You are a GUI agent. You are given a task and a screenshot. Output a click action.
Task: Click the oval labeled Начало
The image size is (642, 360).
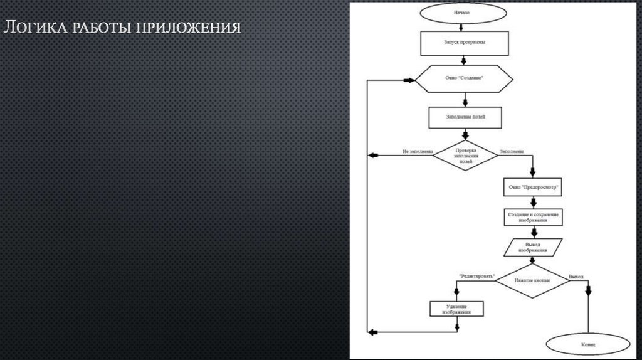(x=462, y=12)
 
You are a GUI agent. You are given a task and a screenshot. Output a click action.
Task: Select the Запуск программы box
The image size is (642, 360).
(x=463, y=44)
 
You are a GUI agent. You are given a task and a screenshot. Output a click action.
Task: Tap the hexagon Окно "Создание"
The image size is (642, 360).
(x=464, y=80)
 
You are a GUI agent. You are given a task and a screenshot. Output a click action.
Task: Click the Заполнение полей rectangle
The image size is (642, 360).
(x=465, y=117)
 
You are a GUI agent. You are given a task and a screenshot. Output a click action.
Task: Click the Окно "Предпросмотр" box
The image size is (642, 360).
(x=532, y=188)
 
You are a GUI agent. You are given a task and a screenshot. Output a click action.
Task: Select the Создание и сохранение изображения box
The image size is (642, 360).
(x=532, y=217)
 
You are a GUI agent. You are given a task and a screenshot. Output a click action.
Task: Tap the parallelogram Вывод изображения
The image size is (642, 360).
(x=534, y=248)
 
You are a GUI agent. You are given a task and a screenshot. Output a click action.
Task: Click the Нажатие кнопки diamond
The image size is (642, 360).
(x=533, y=281)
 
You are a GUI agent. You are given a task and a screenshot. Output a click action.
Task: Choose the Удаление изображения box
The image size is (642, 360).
(x=457, y=308)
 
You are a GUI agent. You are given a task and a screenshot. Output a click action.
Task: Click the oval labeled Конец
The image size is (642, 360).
(x=589, y=344)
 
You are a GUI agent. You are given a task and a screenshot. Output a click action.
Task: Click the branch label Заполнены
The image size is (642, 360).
(x=512, y=151)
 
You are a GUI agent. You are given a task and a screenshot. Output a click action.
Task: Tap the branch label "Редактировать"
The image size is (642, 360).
(x=476, y=276)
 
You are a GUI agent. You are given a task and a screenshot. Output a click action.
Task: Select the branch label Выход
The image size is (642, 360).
(x=576, y=276)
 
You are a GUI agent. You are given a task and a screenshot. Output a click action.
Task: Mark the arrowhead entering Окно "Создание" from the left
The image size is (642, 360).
(x=412, y=80)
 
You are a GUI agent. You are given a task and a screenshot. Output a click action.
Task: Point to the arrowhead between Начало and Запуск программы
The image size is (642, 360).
(x=462, y=28)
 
